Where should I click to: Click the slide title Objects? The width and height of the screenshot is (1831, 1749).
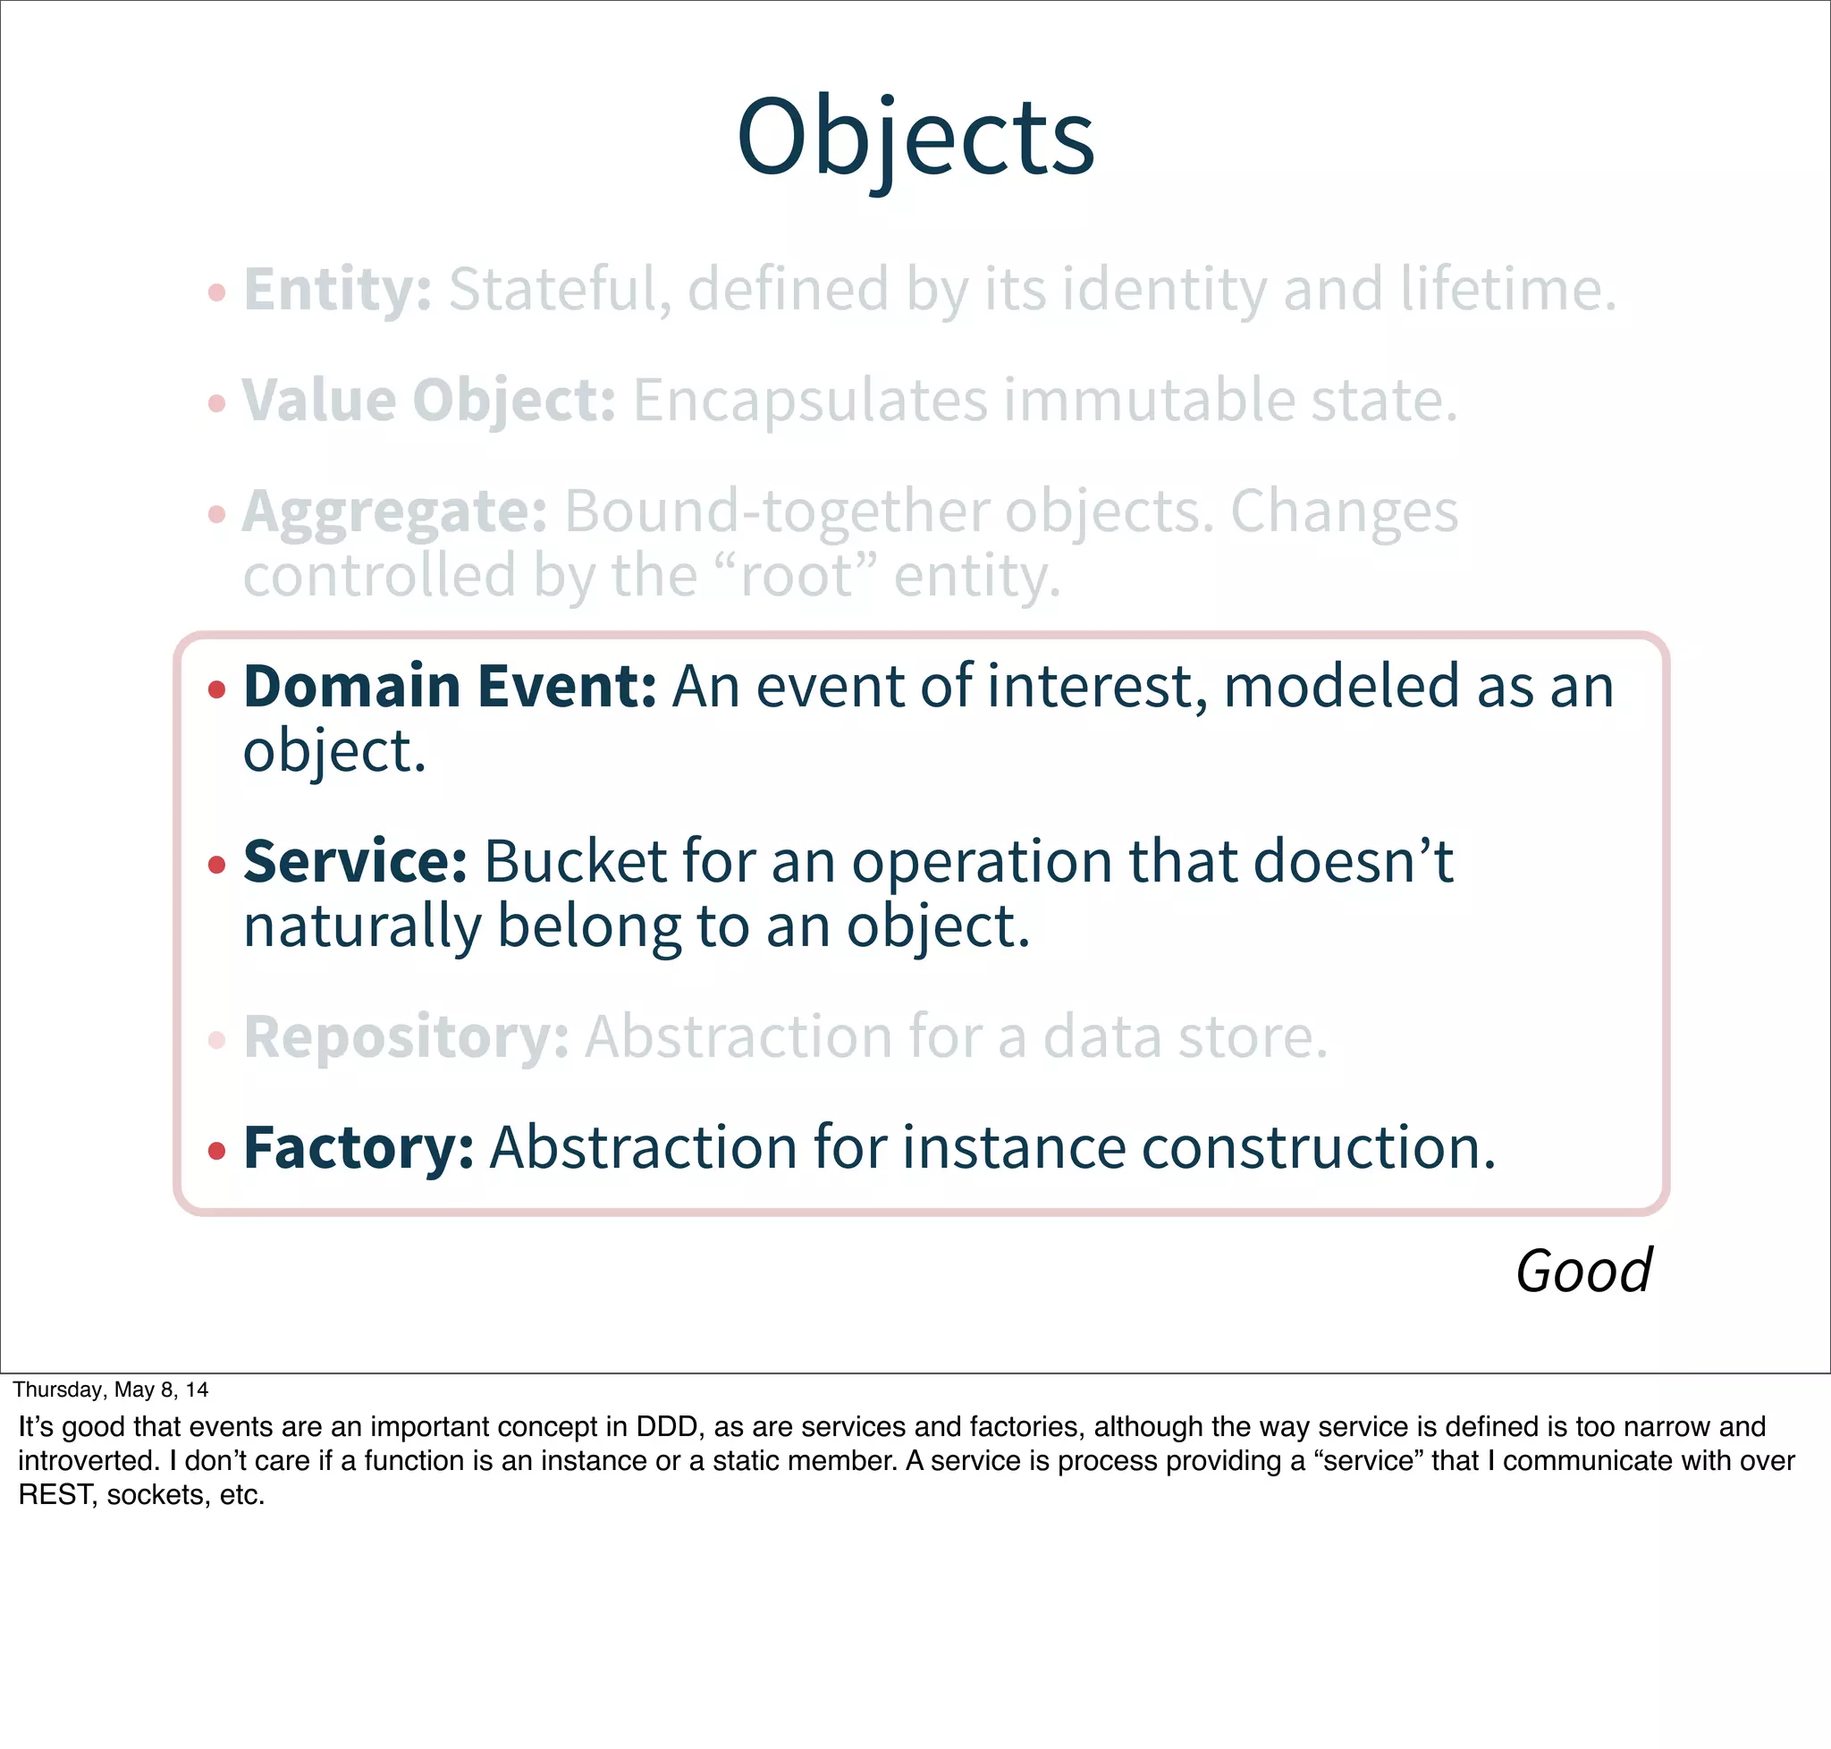915,138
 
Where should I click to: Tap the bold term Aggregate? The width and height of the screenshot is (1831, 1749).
394,511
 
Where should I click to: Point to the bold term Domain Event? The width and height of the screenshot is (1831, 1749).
451,686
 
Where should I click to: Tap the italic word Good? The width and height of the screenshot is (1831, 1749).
1583,1271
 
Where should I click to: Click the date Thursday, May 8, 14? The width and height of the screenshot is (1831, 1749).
110,1390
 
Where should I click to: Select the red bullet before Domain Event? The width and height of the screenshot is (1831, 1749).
217,690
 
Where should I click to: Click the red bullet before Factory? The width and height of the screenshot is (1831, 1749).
217,1152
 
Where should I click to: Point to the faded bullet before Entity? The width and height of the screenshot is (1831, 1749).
217,292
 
